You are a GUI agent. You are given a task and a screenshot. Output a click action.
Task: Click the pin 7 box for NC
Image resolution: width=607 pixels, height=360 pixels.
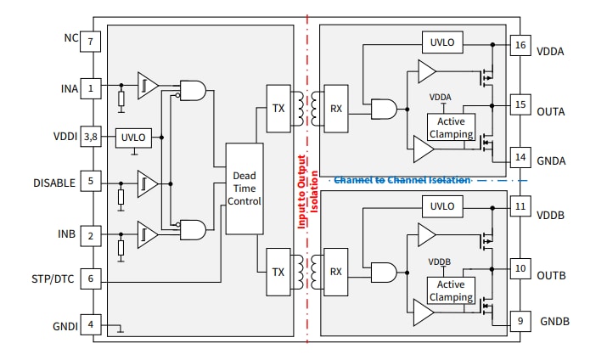[91, 40]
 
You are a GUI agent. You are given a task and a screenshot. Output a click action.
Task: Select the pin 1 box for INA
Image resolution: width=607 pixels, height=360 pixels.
[91, 87]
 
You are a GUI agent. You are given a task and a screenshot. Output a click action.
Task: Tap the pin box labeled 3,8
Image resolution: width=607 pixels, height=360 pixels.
[91, 137]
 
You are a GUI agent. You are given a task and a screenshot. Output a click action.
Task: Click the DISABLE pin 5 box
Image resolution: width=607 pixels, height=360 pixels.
[91, 183]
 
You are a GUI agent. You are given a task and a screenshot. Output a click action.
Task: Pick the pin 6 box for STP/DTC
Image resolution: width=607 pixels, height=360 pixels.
[91, 278]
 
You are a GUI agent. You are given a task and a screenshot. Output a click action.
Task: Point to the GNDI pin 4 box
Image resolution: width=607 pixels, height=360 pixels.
[91, 325]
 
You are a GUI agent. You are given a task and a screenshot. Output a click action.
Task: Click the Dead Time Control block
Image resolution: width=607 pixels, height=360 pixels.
[244, 188]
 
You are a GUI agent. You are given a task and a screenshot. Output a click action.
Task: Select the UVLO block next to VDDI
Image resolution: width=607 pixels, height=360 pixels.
[134, 137]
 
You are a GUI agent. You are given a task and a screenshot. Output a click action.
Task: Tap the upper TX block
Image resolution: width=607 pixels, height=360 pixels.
[278, 108]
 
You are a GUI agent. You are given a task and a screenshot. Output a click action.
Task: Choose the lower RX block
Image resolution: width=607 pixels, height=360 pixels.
[335, 272]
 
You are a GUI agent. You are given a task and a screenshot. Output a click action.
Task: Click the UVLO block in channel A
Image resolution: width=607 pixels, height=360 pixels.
[442, 42]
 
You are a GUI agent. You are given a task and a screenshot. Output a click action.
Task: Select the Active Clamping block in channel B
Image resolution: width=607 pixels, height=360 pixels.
[452, 291]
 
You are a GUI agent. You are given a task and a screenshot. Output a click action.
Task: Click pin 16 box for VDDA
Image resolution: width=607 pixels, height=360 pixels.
[520, 46]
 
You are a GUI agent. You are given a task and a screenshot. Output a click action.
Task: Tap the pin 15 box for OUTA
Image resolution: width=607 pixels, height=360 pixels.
[520, 107]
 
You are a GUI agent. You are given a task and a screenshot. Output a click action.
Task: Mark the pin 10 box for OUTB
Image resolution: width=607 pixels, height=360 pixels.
[520, 270]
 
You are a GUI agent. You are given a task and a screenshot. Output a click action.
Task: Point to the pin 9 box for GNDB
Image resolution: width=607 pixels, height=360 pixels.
[520, 321]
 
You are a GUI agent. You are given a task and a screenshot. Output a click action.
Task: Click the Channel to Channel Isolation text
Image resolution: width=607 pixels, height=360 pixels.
[402, 180]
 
